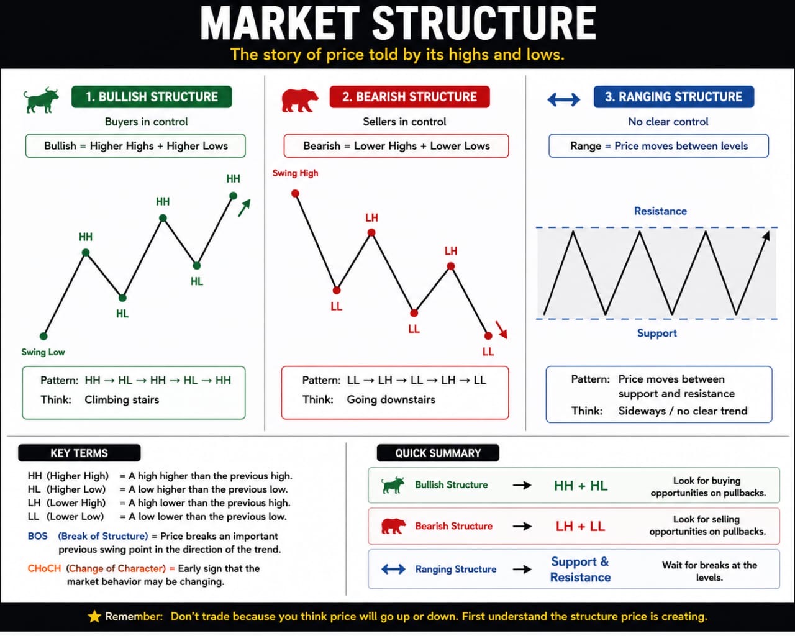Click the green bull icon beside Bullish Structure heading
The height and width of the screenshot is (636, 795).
pos(41,100)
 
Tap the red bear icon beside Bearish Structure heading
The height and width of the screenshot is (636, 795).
pos(299,100)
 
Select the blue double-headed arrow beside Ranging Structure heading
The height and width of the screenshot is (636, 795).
pos(563,99)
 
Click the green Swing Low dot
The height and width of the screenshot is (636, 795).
pos(43,336)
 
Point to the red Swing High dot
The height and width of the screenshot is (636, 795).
pos(295,193)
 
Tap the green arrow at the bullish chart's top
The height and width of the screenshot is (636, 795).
pos(244,207)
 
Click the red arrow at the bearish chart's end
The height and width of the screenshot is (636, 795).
pos(501,330)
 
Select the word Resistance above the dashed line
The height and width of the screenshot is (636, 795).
pos(660,211)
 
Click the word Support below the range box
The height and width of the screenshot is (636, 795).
pos(657,334)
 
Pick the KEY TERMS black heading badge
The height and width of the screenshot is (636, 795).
pos(79,453)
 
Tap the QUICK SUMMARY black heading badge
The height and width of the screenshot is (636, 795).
pos(438,453)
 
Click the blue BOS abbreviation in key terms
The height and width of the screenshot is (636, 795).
pos(38,536)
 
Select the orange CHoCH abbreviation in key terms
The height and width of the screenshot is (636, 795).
pos(44,568)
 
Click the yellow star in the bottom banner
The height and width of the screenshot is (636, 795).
pos(94,616)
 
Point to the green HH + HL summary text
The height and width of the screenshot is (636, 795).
pos(581,486)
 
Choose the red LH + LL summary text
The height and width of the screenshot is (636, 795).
pos(580,526)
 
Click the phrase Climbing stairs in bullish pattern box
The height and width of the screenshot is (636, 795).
pos(122,400)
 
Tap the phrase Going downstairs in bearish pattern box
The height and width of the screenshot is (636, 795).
pos(391,400)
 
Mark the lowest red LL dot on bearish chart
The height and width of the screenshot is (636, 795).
pos(488,335)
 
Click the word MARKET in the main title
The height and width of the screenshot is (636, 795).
pos(279,23)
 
